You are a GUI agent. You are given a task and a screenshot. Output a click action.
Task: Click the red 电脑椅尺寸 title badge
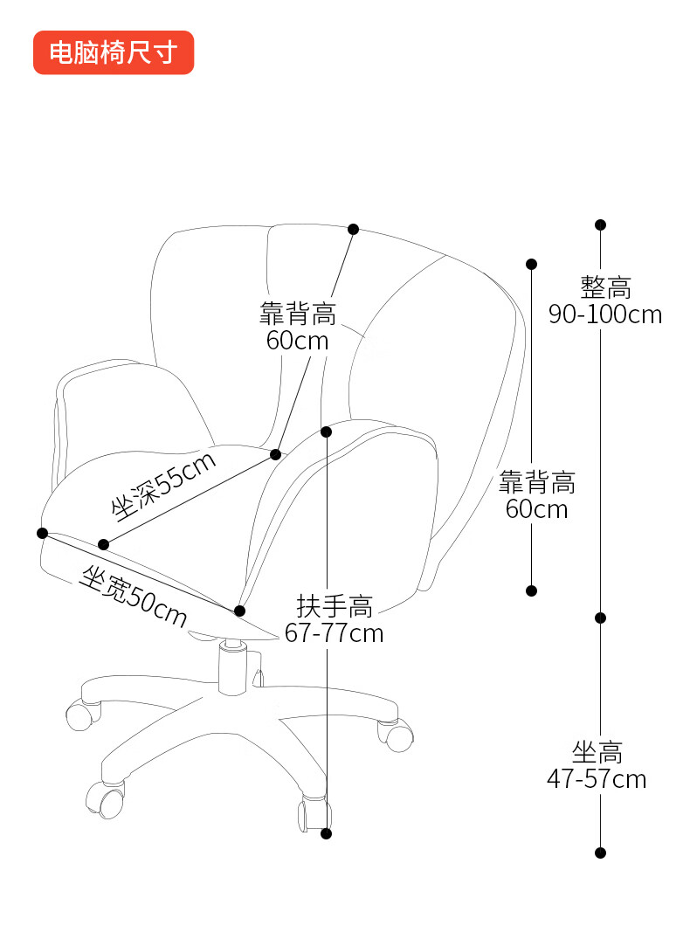tap(113, 52)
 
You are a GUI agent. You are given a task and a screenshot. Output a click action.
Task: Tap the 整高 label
tap(605, 287)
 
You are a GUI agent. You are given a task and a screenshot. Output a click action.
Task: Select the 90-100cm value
tap(605, 314)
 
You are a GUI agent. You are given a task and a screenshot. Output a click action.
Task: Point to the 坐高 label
tap(598, 751)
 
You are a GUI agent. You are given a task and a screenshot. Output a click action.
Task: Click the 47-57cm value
tap(597, 778)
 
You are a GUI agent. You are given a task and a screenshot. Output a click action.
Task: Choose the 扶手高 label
tap(335, 605)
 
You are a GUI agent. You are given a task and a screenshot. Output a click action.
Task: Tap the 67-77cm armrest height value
tap(335, 632)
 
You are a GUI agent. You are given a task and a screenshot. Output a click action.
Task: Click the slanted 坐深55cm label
tap(163, 487)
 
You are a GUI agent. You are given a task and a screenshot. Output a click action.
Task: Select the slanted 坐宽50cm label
tap(133, 597)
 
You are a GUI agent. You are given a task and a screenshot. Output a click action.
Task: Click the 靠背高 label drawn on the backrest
tap(298, 313)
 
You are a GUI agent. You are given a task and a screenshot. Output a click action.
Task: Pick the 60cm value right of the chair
tap(536, 508)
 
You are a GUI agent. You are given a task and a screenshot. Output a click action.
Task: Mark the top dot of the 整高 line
tap(600, 225)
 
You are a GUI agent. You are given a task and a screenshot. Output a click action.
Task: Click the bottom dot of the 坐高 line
tap(600, 853)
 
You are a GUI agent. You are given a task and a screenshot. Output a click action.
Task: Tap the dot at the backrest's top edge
tap(354, 229)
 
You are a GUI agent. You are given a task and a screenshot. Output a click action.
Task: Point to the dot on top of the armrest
tap(327, 432)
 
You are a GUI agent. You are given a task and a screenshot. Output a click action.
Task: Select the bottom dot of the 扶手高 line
tap(327, 833)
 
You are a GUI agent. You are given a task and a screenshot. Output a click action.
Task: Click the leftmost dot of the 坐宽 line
tap(42, 533)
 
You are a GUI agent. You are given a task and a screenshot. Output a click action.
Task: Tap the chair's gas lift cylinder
tap(232, 667)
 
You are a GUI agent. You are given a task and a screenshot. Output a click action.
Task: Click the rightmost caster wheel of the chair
tap(398, 736)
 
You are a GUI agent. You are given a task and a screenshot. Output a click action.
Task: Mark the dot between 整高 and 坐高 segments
tap(600, 618)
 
